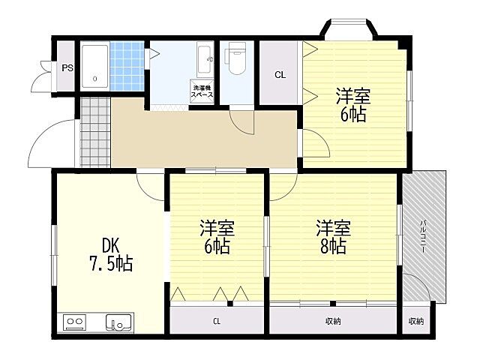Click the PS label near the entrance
click(67, 68)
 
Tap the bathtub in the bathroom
click(95, 67)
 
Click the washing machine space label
click(202, 91)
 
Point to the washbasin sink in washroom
click(205, 60)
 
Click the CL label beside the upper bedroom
click(280, 75)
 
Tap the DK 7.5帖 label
click(111, 255)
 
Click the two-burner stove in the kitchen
click(75, 322)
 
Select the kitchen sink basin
click(120, 322)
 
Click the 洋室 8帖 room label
click(333, 237)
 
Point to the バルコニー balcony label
click(423, 236)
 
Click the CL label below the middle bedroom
click(217, 321)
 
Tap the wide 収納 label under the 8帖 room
click(333, 321)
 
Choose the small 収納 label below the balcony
click(416, 321)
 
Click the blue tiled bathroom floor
click(127, 66)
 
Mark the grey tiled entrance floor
click(95, 132)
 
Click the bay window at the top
click(349, 28)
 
